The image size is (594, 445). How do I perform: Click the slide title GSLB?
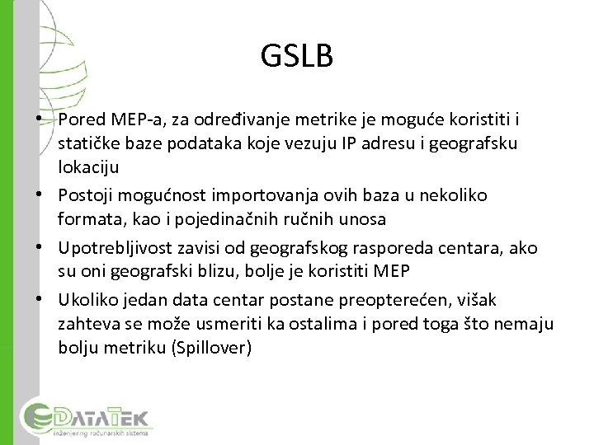point(297,56)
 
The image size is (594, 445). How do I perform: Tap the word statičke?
point(87,144)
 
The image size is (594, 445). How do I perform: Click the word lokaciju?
point(88,167)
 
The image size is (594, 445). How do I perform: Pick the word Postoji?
point(86,196)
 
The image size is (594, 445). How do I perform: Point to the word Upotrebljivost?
point(111,249)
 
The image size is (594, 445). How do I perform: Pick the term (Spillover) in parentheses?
point(211,347)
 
